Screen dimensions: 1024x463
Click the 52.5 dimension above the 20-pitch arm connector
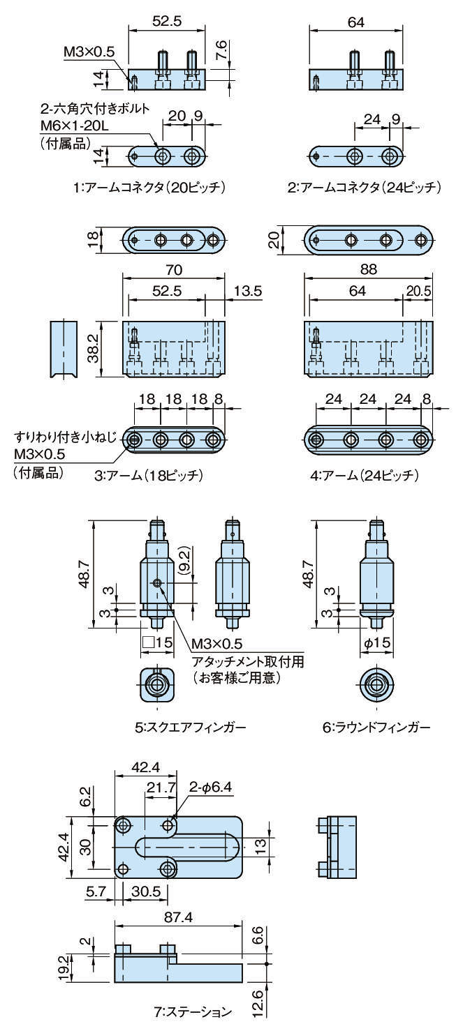tap(167, 22)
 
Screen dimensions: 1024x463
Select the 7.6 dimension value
tap(221, 51)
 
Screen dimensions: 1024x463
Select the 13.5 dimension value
tap(244, 292)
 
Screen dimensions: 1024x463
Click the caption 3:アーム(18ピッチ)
tap(148, 476)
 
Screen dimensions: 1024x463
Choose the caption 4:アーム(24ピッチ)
tap(365, 476)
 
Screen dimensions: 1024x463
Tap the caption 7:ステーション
tap(193, 1010)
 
